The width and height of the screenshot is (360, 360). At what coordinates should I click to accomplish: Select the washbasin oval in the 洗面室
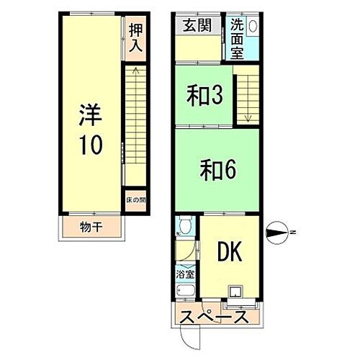[x=251, y=25]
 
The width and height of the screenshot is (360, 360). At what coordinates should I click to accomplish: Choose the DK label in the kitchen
[x=230, y=252]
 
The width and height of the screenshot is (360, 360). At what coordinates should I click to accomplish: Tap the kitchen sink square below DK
[x=235, y=292]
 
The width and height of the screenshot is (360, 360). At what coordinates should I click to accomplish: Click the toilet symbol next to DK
[x=184, y=228]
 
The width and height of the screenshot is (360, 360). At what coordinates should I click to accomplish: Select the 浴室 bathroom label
[x=185, y=274]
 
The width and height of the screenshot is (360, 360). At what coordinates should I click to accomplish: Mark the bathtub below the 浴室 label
[x=184, y=292]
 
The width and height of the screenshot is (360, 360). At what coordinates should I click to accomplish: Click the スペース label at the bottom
[x=215, y=316]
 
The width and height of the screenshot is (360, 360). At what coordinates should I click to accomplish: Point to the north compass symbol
[x=277, y=231]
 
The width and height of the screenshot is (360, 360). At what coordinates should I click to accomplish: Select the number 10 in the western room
[x=90, y=144]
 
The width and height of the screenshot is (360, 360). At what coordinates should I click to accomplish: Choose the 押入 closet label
[x=136, y=37]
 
